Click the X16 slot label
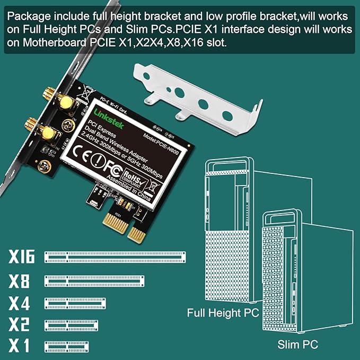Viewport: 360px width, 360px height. [22, 258]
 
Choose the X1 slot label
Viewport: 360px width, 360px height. [20, 346]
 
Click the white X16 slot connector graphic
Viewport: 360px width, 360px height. [115, 258]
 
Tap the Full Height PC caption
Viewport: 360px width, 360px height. [223, 313]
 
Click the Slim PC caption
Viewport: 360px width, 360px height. [297, 345]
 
